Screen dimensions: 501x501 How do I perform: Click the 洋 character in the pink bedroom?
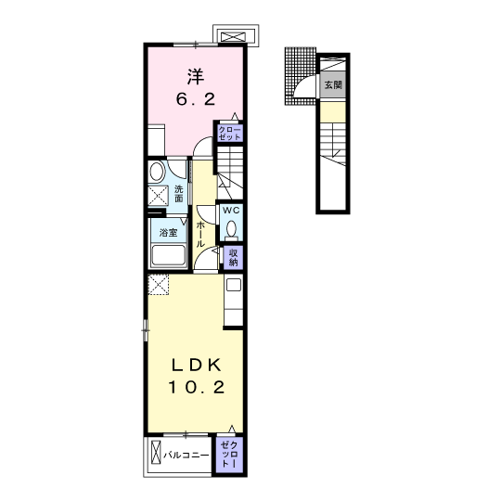click(196, 77)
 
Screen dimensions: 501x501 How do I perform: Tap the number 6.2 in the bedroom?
click(196, 99)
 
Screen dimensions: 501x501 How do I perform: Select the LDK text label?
click(197, 365)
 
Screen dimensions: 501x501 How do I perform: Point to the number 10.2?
click(197, 387)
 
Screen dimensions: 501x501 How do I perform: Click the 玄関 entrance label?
click(333, 85)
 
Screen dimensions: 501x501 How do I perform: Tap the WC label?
click(231, 211)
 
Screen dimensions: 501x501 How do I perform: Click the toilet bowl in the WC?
click(231, 229)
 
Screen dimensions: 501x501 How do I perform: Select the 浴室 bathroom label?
click(168, 232)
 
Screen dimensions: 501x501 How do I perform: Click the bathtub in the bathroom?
click(169, 255)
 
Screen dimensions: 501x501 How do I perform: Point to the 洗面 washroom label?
click(179, 194)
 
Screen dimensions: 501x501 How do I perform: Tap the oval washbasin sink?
click(156, 172)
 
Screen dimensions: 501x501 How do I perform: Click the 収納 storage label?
click(233, 258)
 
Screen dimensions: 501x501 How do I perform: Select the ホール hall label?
click(200, 234)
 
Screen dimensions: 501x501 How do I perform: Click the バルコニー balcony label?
click(186, 455)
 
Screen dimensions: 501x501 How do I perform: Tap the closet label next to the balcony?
click(229, 455)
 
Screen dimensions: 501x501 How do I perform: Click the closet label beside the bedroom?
click(230, 134)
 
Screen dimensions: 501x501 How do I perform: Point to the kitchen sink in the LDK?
click(234, 285)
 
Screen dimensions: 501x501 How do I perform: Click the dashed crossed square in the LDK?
click(158, 284)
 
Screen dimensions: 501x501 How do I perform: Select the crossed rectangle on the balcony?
click(156, 453)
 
